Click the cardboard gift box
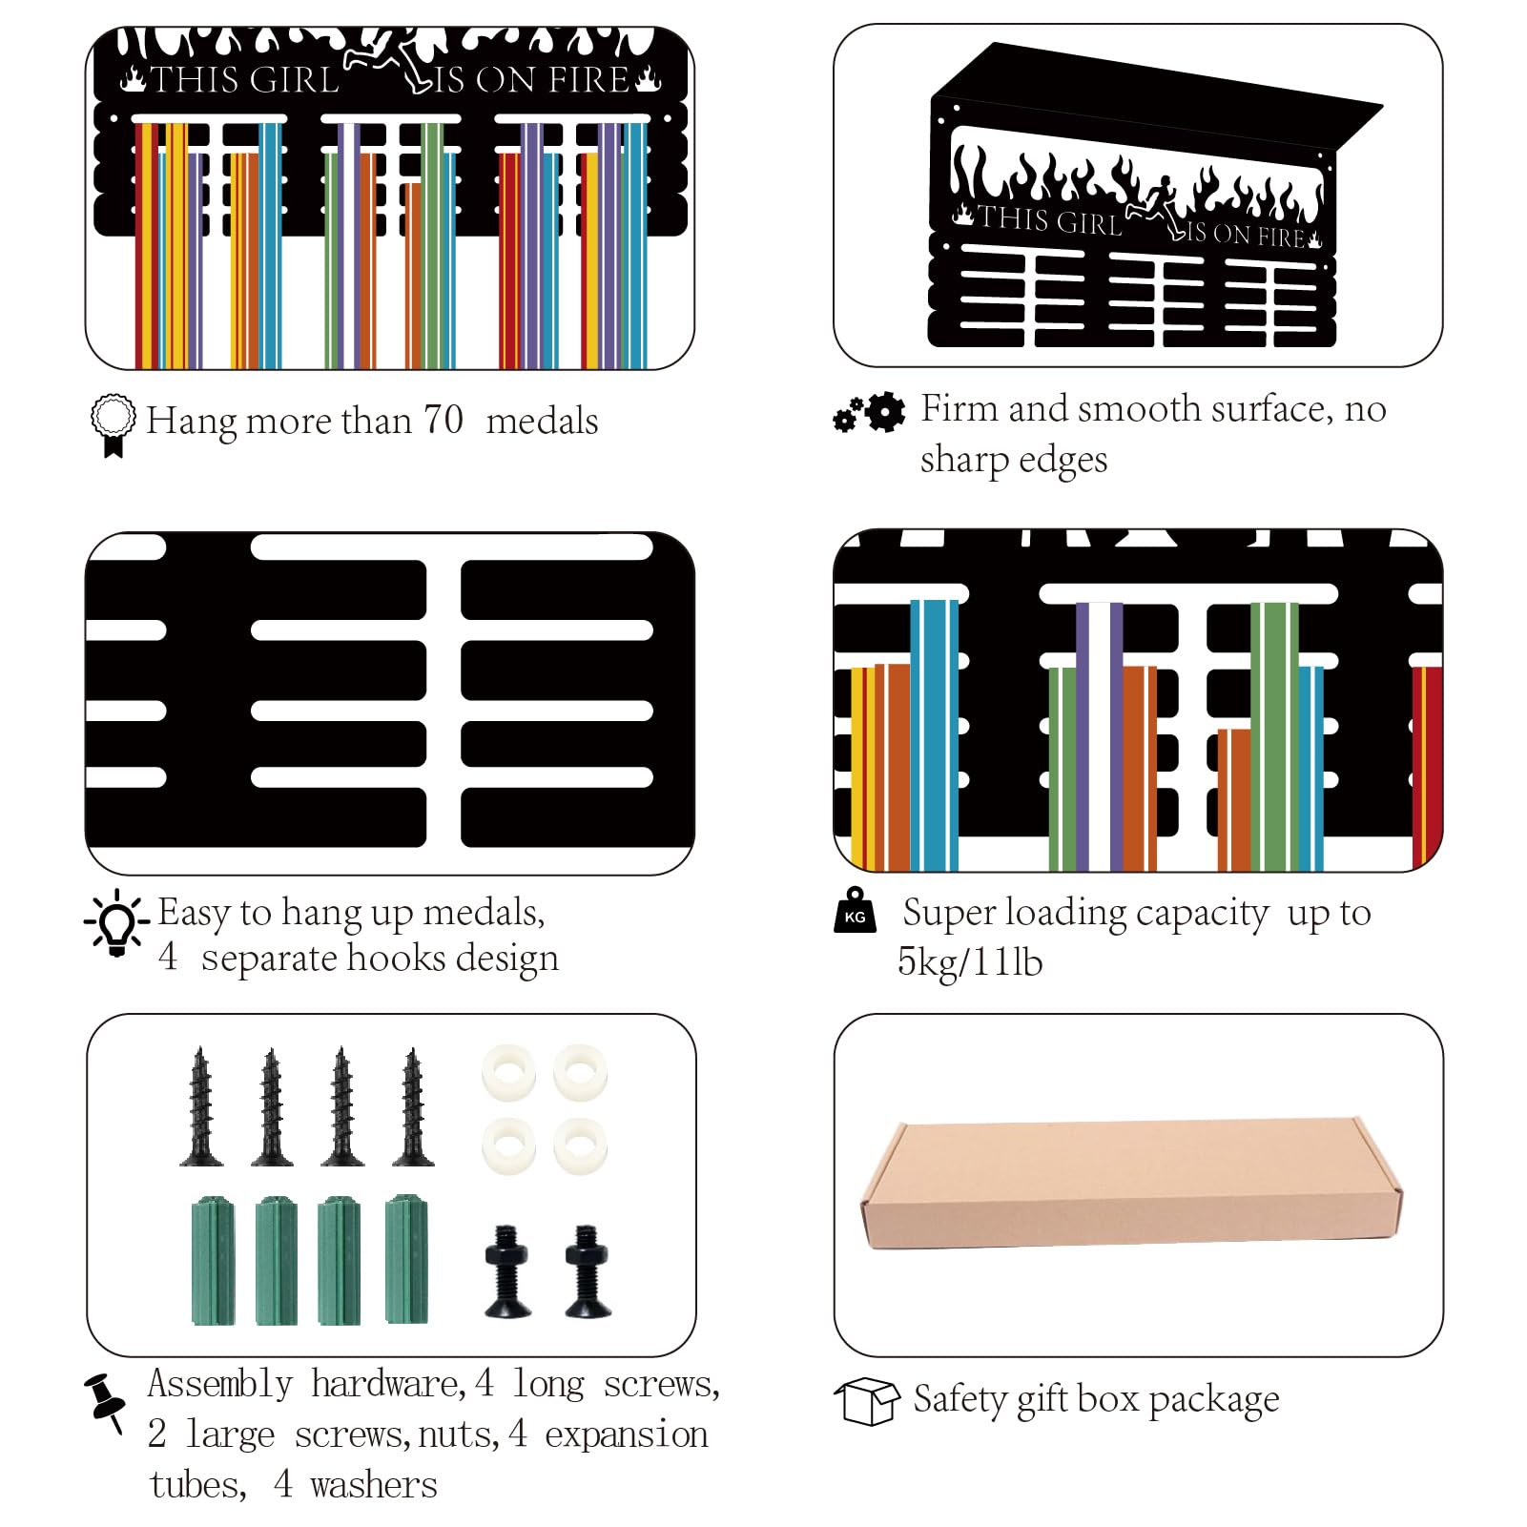coord(1131,1184)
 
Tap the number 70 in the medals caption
coord(443,420)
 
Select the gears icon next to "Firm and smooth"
coord(869,412)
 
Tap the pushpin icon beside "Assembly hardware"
coord(105,1402)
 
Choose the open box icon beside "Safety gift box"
coord(867,1401)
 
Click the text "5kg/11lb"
coord(970,961)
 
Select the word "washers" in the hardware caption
coord(374,1484)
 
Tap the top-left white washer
coord(508,1072)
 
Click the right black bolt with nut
coord(588,1271)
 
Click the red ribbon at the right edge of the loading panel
coord(1427,768)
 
